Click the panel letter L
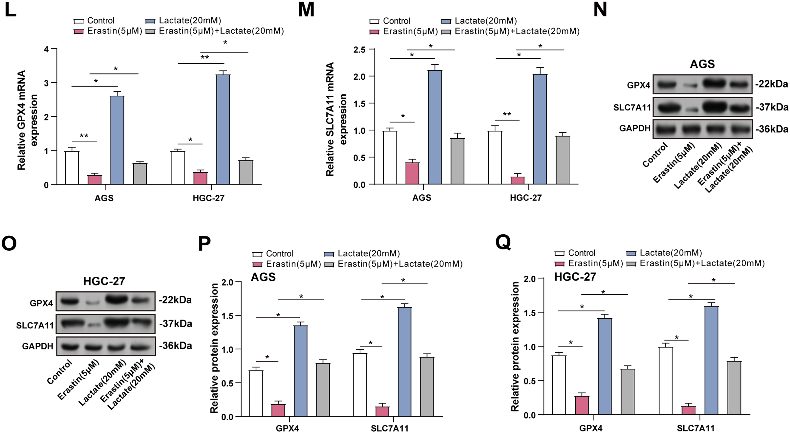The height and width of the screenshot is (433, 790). click(x=11, y=10)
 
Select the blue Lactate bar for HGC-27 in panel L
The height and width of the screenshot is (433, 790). click(x=223, y=129)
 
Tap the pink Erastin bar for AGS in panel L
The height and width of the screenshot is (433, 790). click(x=95, y=180)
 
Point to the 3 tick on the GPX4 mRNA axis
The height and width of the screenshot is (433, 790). click(x=47, y=83)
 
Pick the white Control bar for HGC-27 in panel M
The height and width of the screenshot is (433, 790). click(x=495, y=157)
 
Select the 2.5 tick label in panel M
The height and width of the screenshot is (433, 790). click(x=359, y=50)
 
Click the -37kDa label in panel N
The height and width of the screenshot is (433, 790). click(x=771, y=107)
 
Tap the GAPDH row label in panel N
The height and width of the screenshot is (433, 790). click(x=634, y=128)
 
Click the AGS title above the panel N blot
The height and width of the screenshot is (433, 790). click(x=702, y=64)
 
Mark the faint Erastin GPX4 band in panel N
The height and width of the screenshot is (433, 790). click(x=690, y=86)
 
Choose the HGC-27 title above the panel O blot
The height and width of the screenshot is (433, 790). click(x=104, y=281)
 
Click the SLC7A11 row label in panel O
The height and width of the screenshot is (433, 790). click(x=35, y=325)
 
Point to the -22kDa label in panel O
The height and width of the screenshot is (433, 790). click(x=175, y=300)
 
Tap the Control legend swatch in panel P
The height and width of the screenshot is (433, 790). click(x=257, y=254)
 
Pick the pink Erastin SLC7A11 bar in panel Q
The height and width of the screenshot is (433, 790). click(x=688, y=411)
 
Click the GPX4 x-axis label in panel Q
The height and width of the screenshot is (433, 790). click(x=591, y=428)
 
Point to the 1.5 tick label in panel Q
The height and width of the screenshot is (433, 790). click(x=529, y=313)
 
